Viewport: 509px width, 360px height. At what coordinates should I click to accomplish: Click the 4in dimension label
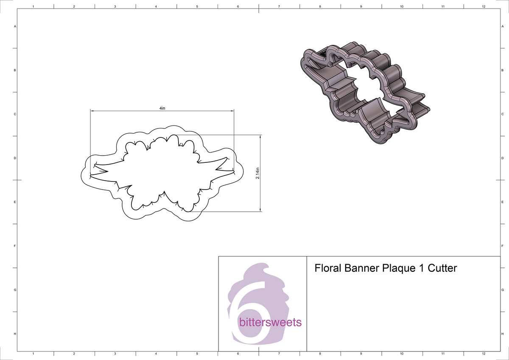click(x=162, y=108)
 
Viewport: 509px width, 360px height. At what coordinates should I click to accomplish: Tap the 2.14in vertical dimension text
click(x=257, y=173)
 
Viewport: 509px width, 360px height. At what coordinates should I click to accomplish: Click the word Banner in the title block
click(x=361, y=268)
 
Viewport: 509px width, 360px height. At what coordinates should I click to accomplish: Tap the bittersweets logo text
click(x=270, y=323)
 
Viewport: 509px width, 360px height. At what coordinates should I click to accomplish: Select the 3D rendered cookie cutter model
click(x=365, y=93)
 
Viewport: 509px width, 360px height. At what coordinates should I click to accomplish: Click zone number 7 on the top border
click(x=279, y=6)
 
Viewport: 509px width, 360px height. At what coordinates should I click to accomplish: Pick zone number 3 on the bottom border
click(x=115, y=353)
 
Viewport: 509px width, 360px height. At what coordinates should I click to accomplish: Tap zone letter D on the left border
click(x=15, y=158)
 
